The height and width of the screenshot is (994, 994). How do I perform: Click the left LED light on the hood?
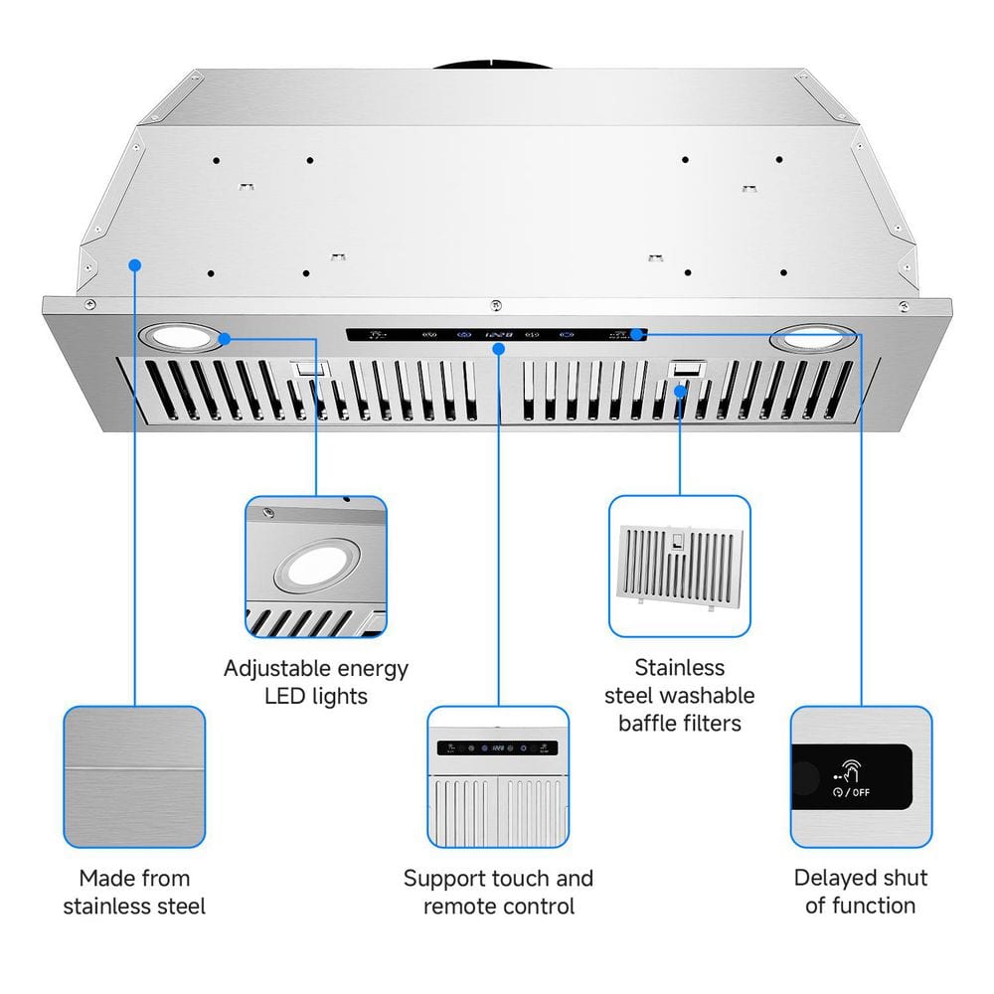(x=182, y=339)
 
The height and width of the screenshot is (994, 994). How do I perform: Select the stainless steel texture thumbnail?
(x=134, y=777)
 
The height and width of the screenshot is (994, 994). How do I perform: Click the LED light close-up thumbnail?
(x=316, y=567)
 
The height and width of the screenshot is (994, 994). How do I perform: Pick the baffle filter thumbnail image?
(x=680, y=566)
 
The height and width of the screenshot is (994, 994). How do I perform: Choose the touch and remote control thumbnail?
(x=498, y=777)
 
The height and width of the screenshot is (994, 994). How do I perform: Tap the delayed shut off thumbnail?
(x=861, y=777)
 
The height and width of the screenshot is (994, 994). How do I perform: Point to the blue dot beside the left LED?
(x=226, y=339)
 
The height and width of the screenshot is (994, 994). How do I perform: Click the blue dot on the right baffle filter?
(x=681, y=391)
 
